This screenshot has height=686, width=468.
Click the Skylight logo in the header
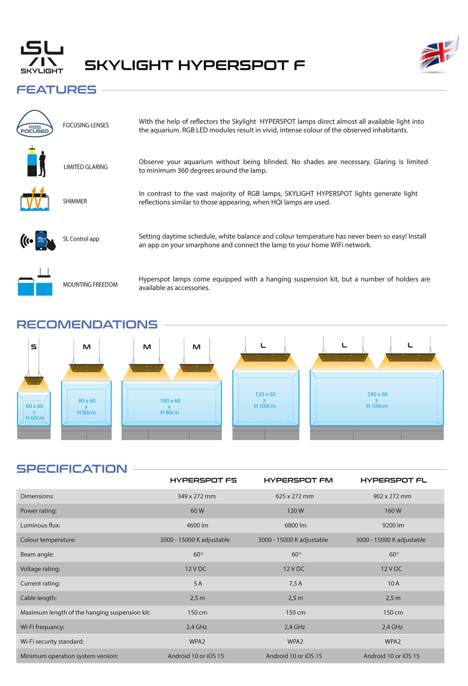click(x=42, y=57)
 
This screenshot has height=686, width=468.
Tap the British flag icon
click(x=439, y=54)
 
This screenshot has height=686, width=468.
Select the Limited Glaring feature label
click(x=86, y=167)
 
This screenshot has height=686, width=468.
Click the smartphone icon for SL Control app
click(x=41, y=240)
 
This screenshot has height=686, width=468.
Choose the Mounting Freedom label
click(x=90, y=285)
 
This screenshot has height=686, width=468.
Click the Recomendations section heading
click(x=87, y=324)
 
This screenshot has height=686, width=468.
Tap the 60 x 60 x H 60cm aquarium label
click(x=34, y=412)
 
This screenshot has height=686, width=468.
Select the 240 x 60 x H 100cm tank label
click(x=377, y=400)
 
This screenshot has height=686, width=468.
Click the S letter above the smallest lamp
click(x=33, y=347)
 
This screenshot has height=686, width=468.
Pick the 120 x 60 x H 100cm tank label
click(x=265, y=400)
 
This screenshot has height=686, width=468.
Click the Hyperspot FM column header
click(x=298, y=480)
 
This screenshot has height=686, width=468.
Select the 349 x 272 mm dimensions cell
click(x=197, y=496)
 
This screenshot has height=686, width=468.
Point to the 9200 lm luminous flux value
click(x=393, y=525)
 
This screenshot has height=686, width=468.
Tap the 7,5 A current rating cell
click(x=296, y=583)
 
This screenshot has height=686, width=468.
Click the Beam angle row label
click(x=37, y=554)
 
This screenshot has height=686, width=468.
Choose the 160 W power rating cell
click(x=393, y=511)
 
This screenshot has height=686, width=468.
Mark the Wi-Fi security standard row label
click(x=52, y=642)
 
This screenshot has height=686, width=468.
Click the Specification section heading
click(x=72, y=469)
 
